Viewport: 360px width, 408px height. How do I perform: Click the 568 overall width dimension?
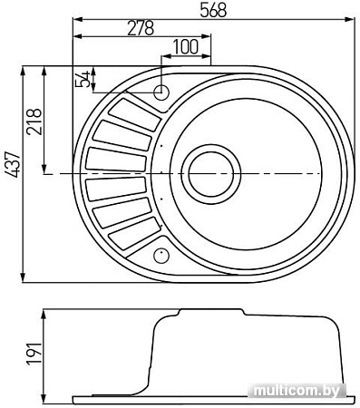[213, 10]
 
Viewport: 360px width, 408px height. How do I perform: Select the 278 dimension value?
[141, 28]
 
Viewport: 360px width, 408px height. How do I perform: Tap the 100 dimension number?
[186, 47]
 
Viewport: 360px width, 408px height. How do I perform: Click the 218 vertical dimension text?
[34, 121]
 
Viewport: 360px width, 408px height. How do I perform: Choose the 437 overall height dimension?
[13, 165]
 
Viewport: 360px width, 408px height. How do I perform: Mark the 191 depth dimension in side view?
[34, 354]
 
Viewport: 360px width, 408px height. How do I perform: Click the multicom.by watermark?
[297, 391]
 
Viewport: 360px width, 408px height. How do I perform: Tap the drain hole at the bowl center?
[211, 174]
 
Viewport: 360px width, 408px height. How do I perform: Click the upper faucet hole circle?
[161, 92]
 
